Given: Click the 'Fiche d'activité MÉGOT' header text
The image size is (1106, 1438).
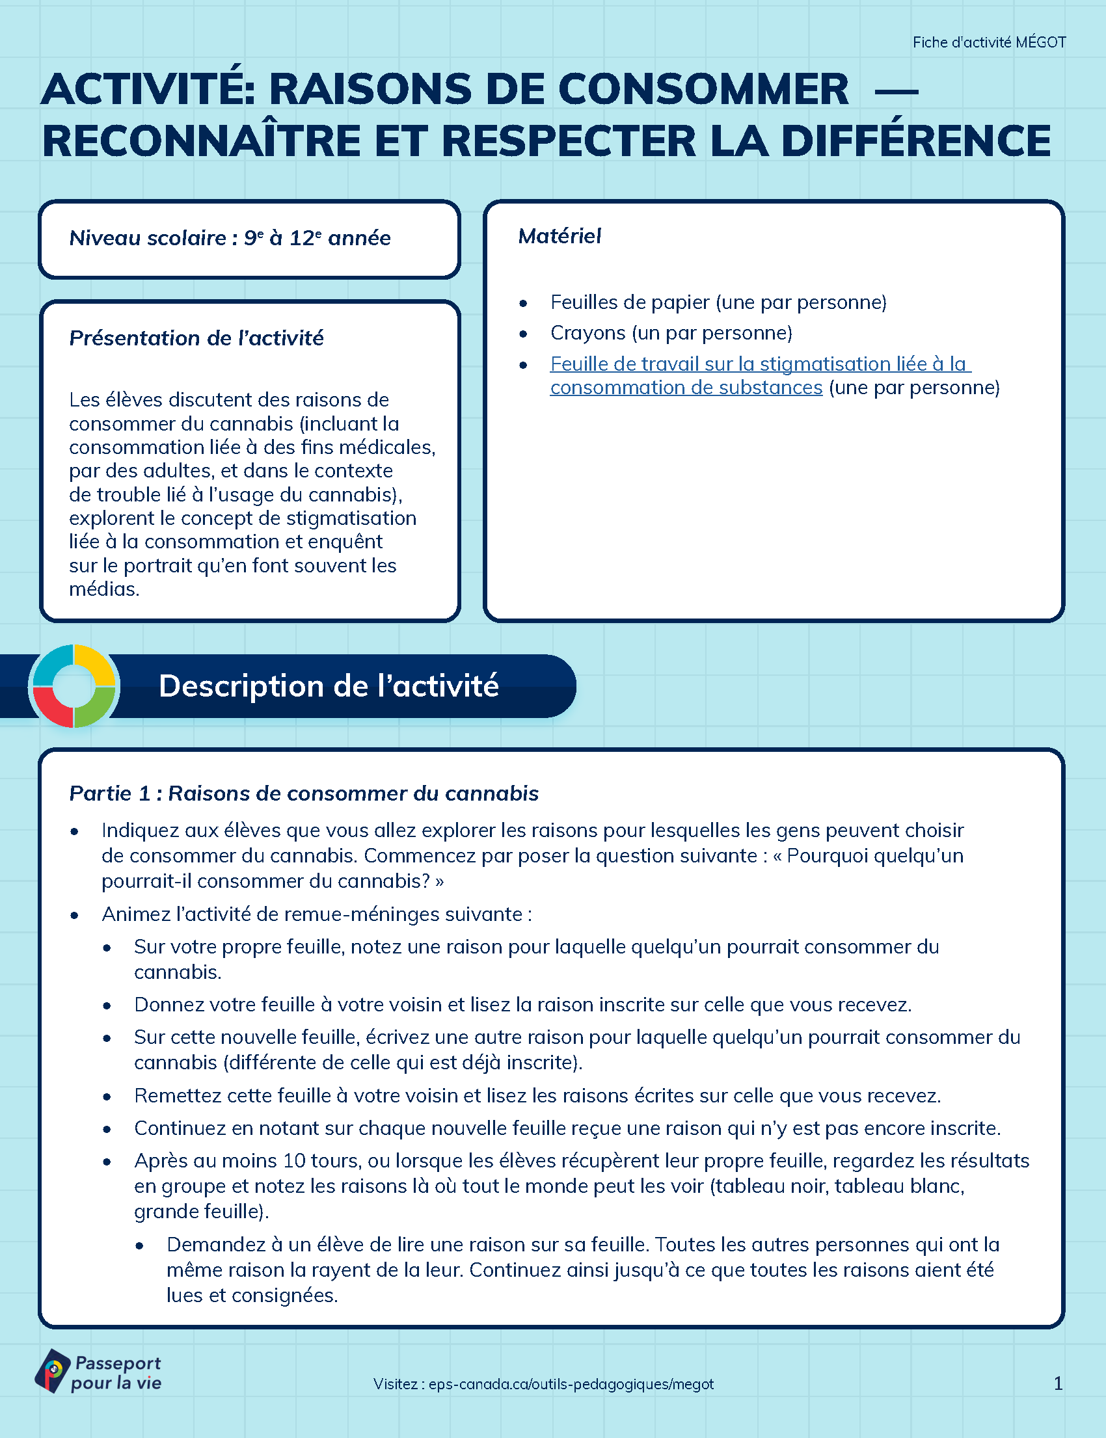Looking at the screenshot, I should point(989,43).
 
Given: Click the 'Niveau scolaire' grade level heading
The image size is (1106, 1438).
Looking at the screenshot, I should point(230,238).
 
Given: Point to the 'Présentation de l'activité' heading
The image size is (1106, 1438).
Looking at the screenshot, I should point(196,338).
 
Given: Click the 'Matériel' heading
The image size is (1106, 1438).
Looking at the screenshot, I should point(560,236).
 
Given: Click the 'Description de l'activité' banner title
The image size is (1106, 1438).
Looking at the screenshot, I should point(329,686).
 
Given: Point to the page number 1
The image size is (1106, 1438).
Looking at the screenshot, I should point(1058,1383).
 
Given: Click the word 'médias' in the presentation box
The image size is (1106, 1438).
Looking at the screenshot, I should point(103,589).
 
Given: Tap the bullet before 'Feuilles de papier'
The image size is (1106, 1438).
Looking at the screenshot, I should point(523,303).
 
